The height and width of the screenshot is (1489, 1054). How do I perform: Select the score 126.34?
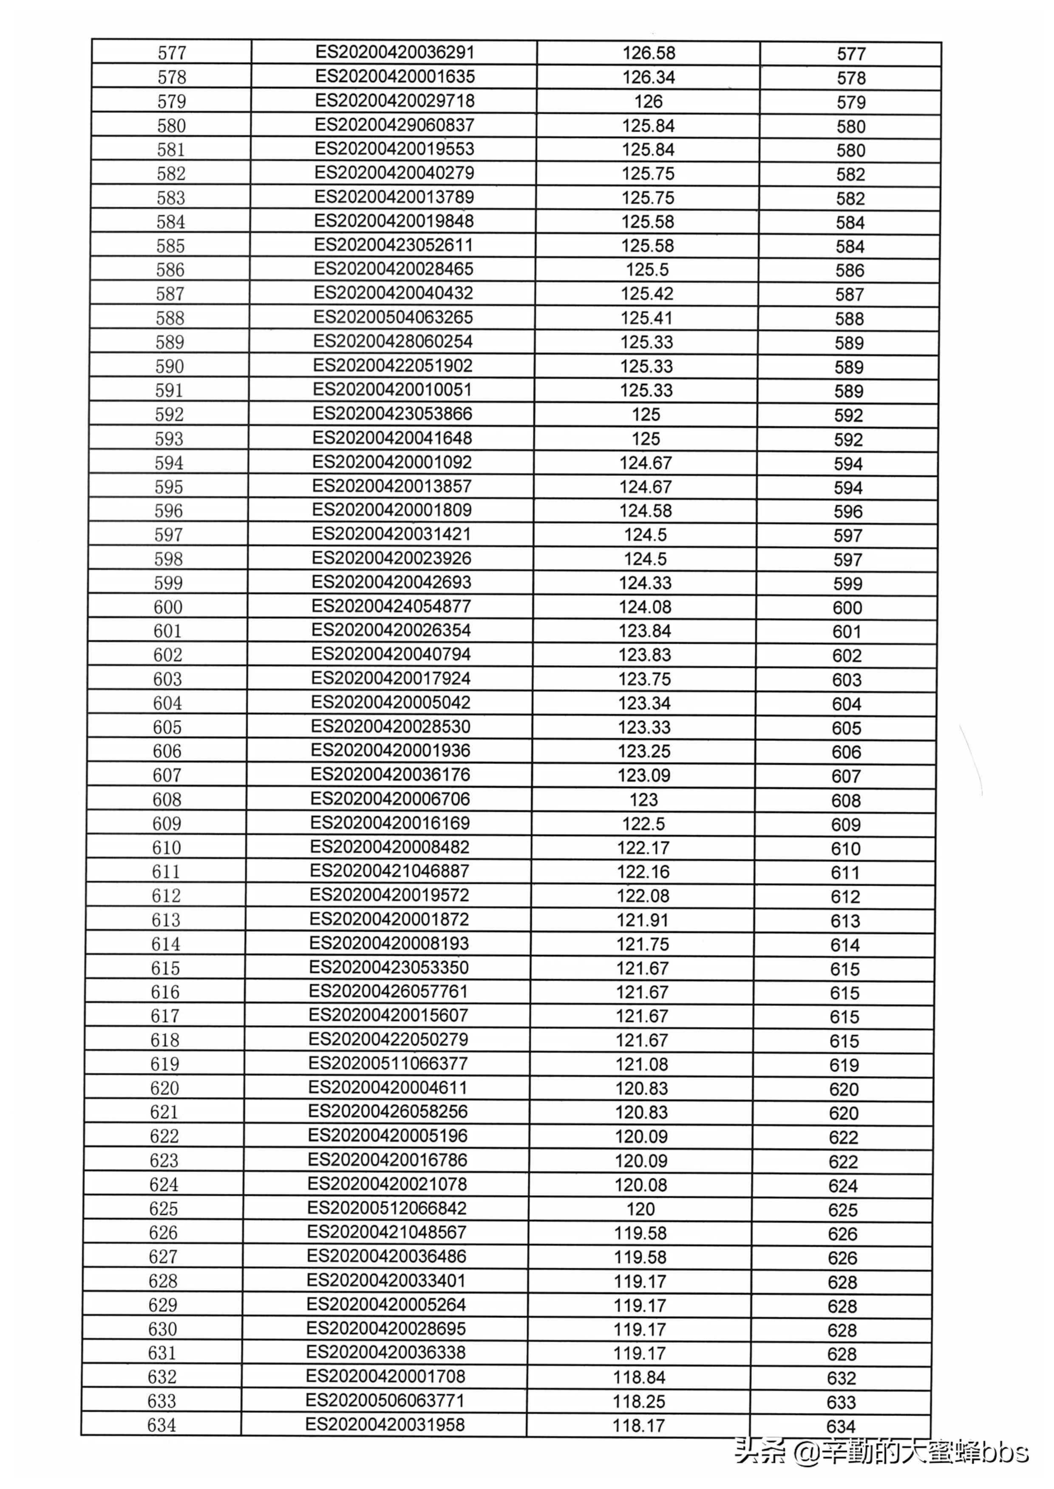click(x=649, y=77)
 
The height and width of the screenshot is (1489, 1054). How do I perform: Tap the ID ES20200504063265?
click(x=393, y=317)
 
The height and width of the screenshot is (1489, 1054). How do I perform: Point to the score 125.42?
click(x=647, y=294)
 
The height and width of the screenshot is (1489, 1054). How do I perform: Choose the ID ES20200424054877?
click(x=391, y=606)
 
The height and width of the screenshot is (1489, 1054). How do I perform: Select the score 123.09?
click(x=644, y=775)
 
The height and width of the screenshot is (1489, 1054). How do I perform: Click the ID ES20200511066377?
click(x=388, y=1064)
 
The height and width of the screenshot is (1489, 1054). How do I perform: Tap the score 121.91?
click(x=643, y=920)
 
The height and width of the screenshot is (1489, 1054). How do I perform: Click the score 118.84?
click(x=639, y=1377)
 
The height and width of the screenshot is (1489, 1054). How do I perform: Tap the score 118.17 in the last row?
click(x=639, y=1425)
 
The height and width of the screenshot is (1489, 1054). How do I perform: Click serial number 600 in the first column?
click(x=168, y=607)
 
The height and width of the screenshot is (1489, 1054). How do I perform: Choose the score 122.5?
click(x=644, y=824)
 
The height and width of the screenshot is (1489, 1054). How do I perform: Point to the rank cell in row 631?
click(x=842, y=1354)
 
